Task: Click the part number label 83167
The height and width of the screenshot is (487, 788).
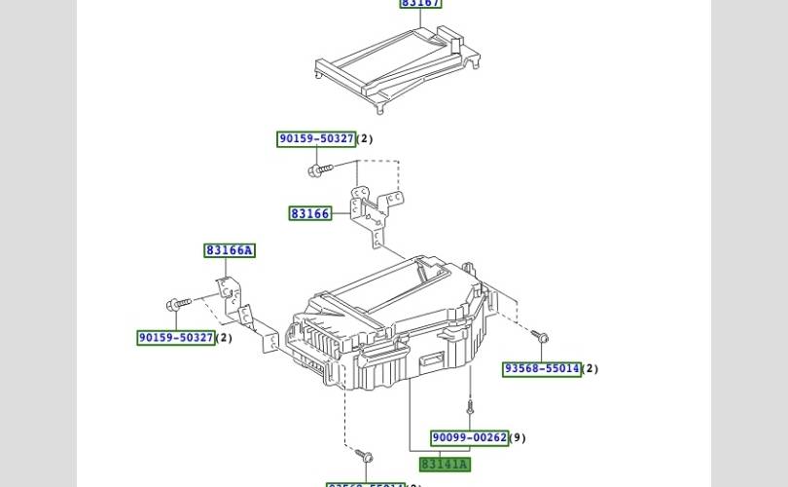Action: tap(420, 3)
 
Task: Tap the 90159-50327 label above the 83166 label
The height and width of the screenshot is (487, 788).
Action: tap(316, 139)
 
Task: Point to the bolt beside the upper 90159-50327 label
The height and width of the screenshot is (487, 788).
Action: tap(316, 170)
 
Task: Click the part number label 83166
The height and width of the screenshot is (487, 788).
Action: tap(310, 213)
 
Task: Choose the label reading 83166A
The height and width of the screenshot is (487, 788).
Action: tap(230, 250)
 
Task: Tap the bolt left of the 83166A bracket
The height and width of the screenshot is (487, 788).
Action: tap(176, 305)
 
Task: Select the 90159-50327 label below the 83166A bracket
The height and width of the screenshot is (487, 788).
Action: tap(176, 338)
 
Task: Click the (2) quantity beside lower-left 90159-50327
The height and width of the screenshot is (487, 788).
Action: tap(224, 338)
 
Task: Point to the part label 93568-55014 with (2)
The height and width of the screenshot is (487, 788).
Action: tap(541, 369)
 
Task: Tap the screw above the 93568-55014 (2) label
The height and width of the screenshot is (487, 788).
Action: tap(541, 337)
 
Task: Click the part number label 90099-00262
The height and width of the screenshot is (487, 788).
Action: tap(469, 438)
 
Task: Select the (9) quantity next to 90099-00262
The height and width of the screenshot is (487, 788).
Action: tap(518, 438)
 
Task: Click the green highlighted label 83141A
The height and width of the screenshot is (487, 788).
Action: tap(444, 465)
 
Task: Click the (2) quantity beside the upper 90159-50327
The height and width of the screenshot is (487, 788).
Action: tap(365, 139)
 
